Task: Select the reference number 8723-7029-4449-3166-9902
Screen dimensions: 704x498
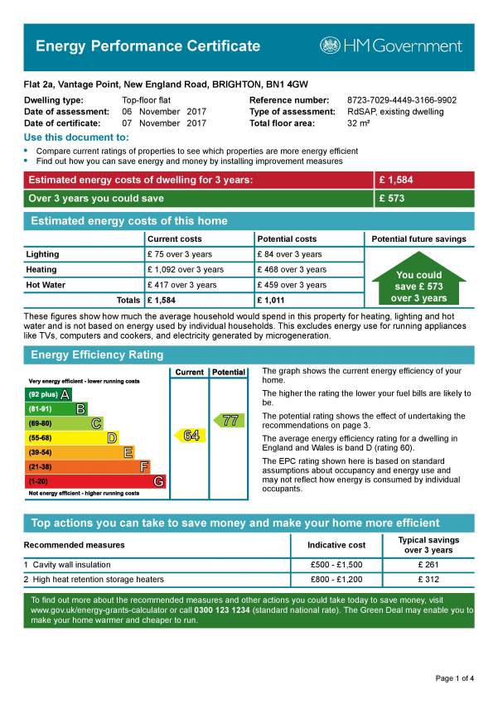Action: pyautogui.click(x=401, y=100)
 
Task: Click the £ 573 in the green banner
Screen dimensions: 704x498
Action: pyautogui.click(x=392, y=199)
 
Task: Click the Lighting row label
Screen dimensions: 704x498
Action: pyautogui.click(x=43, y=254)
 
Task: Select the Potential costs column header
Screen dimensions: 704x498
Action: pyautogui.click(x=287, y=239)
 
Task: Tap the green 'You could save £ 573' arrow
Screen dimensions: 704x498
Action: pyautogui.click(x=418, y=283)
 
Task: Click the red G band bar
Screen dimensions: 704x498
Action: pyautogui.click(x=94, y=481)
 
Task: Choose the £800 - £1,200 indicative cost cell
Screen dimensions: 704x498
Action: pyautogui.click(x=336, y=580)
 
